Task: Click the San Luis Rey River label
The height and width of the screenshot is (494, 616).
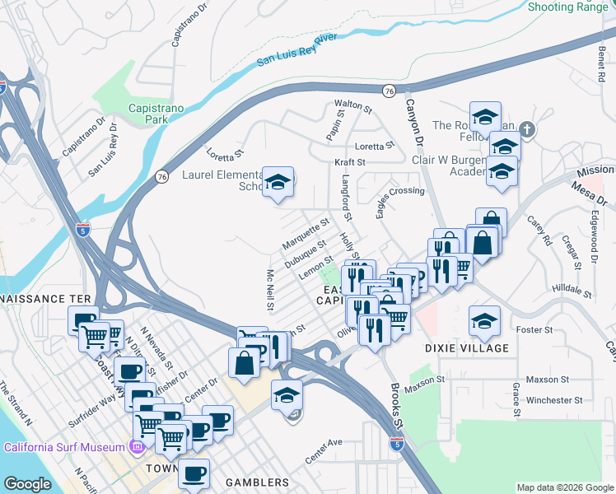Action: (297, 49)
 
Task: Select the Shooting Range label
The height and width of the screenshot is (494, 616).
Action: (568, 7)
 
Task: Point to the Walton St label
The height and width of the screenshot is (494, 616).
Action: (353, 106)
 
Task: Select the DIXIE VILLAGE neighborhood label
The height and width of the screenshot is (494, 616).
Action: (467, 348)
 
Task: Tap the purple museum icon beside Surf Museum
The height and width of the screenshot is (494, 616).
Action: (138, 447)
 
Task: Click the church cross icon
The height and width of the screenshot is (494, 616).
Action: (528, 129)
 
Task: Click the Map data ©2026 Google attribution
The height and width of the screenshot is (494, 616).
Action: (566, 487)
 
